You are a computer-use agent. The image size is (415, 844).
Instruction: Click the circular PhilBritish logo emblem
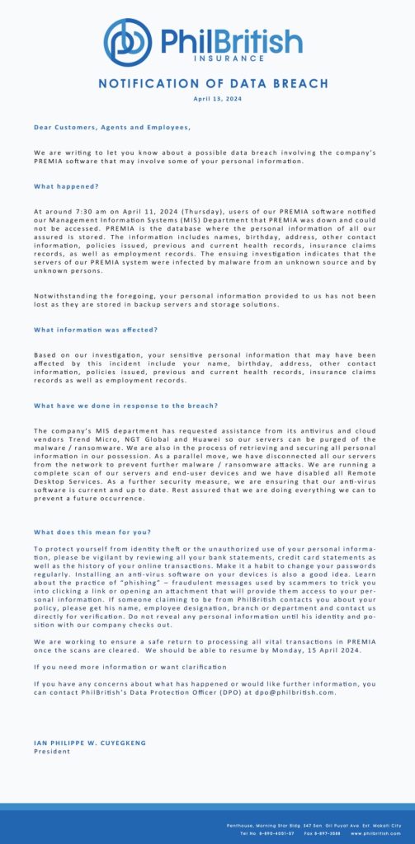pos(129,42)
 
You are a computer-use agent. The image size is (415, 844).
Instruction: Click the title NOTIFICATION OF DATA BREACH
pos(213,84)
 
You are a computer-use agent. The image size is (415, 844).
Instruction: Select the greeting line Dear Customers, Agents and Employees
pos(112,127)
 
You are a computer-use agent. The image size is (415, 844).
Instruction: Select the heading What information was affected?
pos(96,330)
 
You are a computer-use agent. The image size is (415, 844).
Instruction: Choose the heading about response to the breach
pos(126,406)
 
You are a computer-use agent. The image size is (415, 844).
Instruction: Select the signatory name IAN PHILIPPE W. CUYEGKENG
pos(88,743)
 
